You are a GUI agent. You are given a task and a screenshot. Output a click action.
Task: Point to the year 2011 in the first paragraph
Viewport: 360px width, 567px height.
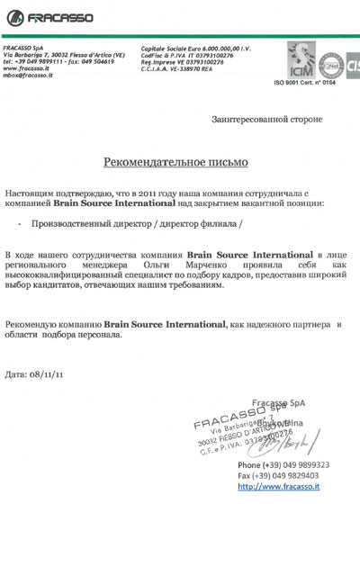(x=139, y=193)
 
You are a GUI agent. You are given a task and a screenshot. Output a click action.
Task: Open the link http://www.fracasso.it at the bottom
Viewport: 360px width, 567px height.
(x=279, y=486)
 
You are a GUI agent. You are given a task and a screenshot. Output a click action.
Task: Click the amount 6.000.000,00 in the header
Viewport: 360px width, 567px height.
(x=220, y=46)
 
